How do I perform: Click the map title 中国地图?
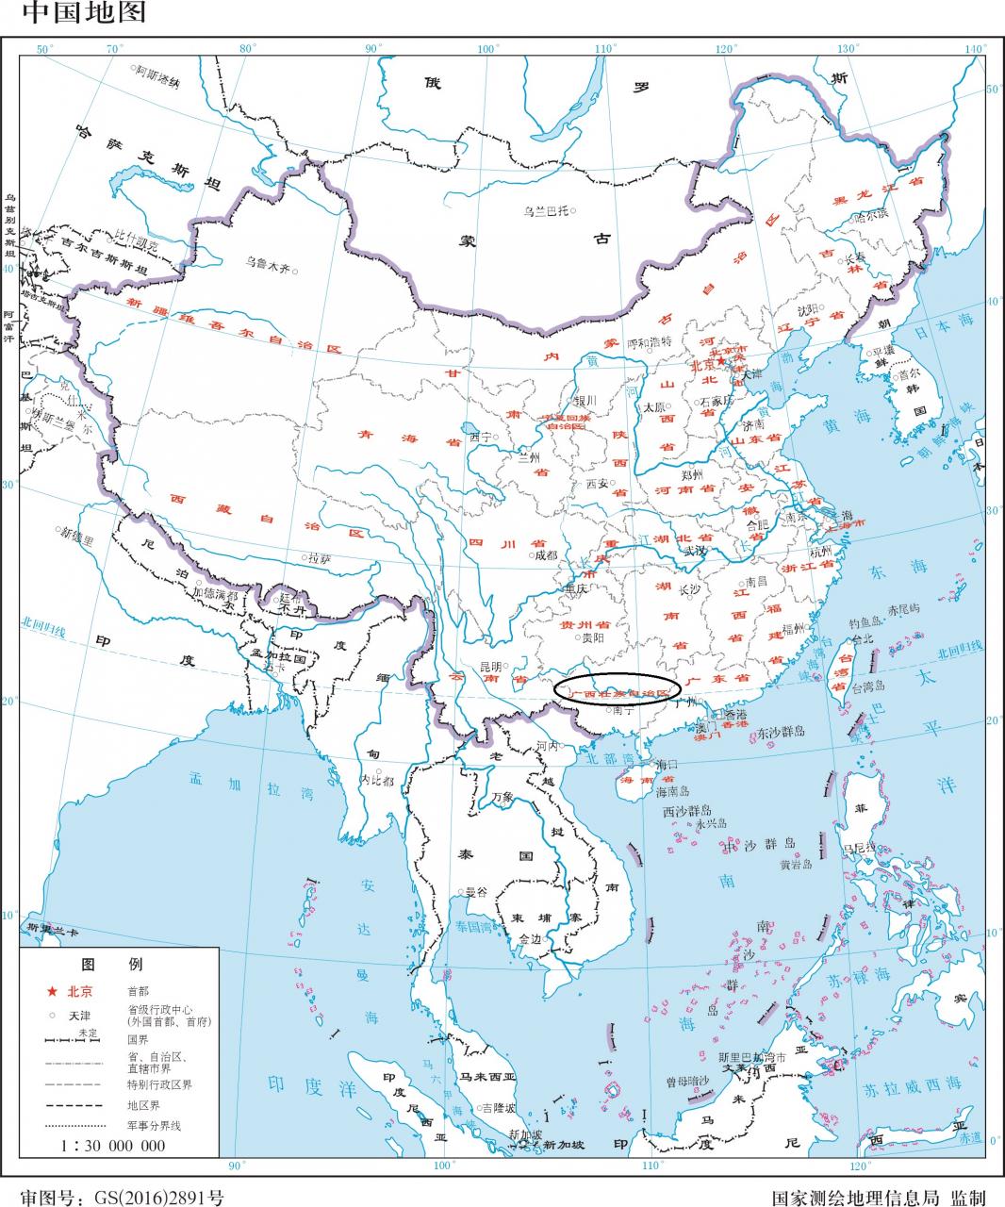74,13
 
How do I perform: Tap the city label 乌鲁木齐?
268,265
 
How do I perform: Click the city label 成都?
546,555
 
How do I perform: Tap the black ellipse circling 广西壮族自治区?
617,689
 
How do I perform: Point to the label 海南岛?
673,791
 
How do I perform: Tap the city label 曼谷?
477,891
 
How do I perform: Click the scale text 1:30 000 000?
113,1146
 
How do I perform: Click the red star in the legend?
52,991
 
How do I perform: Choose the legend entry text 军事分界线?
153,1126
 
